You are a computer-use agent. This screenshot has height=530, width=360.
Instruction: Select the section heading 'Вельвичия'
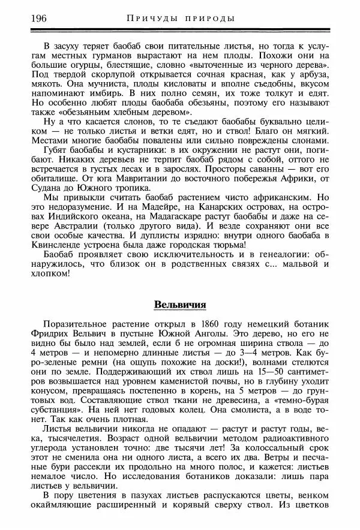click(180, 303)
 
